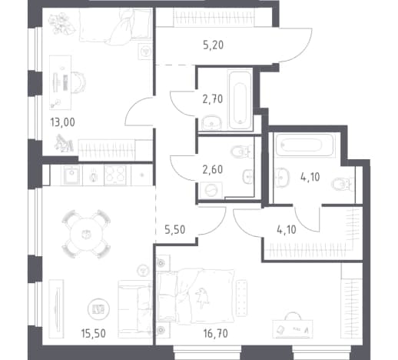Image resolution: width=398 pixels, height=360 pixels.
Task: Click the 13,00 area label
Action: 63,122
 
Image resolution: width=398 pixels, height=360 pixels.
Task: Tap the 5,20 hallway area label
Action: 213,45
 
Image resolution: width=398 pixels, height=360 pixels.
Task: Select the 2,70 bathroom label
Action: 213,99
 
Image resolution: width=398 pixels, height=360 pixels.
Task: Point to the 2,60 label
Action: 212,169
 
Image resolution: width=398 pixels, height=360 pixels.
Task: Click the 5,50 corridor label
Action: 175,230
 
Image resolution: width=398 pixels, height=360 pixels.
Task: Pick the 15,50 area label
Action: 93,334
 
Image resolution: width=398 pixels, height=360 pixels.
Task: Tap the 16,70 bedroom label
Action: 216,334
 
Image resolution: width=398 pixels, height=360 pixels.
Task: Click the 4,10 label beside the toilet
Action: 310,177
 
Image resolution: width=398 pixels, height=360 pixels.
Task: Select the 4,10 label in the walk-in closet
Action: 287,230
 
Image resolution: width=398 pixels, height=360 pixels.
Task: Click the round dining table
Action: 86,234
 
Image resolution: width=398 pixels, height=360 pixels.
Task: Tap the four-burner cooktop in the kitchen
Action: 115,175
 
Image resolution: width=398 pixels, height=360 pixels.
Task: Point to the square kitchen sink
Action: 71,175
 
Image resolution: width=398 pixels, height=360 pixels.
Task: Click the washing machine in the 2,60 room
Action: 211,191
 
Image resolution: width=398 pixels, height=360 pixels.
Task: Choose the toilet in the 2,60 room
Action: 241,152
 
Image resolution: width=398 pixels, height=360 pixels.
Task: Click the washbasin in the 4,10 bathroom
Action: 281,177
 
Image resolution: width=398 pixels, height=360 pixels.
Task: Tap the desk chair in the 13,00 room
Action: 79,83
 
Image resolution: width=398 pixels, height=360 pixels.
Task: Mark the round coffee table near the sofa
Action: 98,309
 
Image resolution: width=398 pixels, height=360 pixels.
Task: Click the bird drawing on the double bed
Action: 202,298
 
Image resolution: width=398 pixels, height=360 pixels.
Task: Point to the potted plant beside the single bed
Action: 61,25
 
